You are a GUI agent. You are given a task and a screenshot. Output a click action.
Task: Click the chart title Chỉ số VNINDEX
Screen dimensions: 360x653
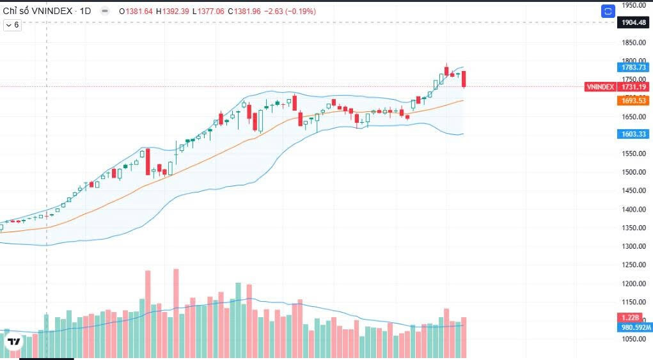click(37, 12)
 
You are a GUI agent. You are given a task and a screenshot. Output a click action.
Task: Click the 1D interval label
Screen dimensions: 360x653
click(85, 12)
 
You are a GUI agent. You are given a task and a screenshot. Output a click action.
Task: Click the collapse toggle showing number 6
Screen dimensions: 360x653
click(13, 25)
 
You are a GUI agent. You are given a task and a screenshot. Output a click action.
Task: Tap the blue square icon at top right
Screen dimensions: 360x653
click(608, 12)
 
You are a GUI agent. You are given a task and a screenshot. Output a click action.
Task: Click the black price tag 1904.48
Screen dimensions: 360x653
click(634, 22)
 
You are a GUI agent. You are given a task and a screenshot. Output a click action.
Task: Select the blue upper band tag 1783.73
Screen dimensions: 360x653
click(634, 67)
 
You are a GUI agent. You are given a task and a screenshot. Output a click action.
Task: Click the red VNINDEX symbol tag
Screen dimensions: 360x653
click(600, 87)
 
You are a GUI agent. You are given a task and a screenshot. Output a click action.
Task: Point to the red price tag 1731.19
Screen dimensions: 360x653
click(634, 87)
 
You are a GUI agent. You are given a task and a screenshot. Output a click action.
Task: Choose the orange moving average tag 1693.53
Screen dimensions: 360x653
click(634, 100)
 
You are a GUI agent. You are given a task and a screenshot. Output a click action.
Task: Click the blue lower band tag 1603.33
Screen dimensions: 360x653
click(634, 134)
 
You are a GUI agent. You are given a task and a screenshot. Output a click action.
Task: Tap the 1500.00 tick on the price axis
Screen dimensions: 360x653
click(634, 172)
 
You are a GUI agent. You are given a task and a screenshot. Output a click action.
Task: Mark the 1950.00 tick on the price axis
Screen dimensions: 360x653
click(634, 6)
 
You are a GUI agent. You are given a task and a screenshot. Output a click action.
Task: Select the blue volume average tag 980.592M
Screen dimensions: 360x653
click(636, 327)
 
